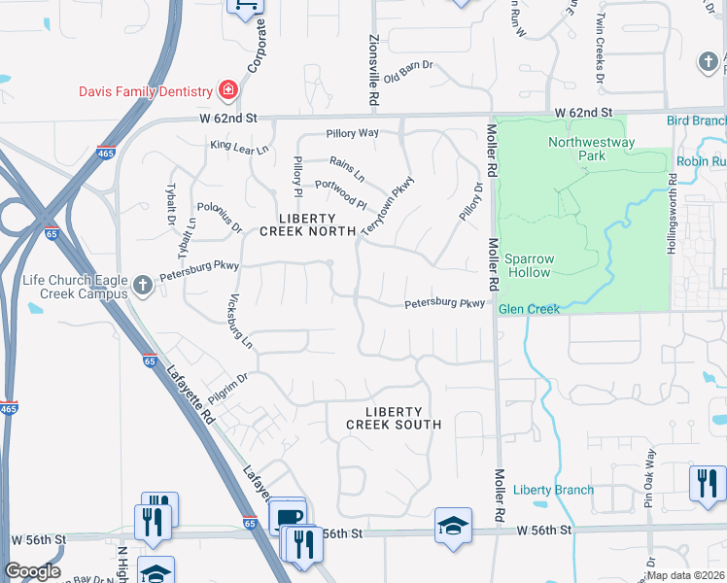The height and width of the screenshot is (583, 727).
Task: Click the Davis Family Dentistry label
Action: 146,91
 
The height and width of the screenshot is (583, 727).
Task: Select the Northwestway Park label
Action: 591,149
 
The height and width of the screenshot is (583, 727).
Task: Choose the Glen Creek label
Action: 529,309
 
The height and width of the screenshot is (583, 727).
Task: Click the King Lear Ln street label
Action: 237,146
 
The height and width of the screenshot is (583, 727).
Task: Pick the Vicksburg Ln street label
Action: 239,322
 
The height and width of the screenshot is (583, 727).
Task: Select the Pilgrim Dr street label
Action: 228,389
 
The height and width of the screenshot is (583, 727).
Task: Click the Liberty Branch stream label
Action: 553,490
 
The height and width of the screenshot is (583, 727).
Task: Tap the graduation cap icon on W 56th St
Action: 453,527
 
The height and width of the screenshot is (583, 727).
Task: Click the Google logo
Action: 32,571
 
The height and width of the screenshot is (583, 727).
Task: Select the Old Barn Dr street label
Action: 407,73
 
